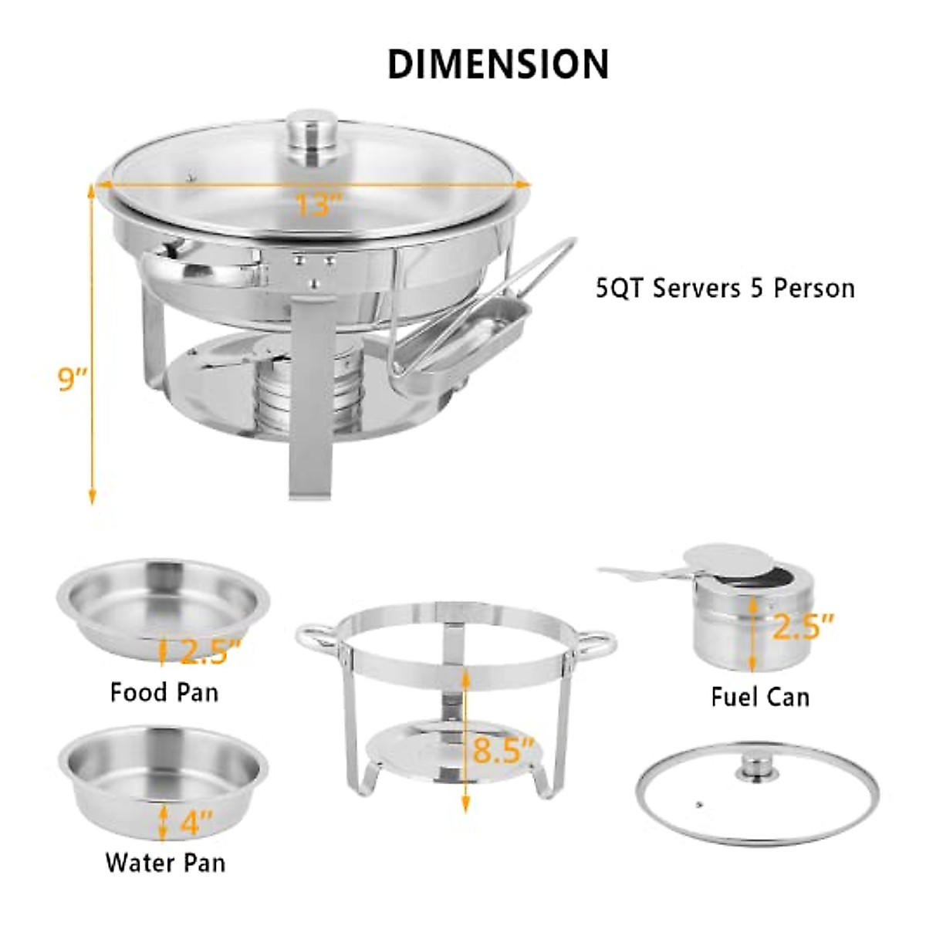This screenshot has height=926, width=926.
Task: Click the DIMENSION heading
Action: pos(498,64)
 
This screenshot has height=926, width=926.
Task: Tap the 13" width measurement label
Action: pos(318,204)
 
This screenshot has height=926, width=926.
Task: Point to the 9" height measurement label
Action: pos(74,380)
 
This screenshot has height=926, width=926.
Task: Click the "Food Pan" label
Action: pos(164,691)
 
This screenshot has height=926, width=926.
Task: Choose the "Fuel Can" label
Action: pos(760,698)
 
